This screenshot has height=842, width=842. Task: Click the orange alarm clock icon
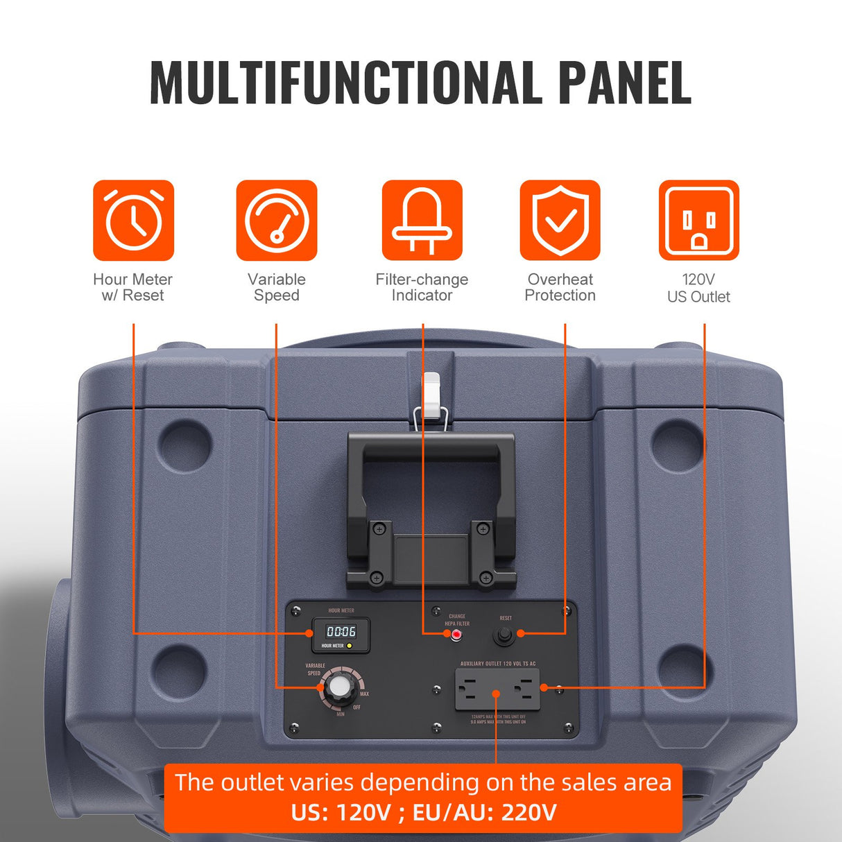pos(133,221)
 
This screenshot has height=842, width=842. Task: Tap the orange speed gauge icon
pos(277,221)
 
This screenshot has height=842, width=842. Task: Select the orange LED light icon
pos(422,221)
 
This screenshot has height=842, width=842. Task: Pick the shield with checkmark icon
pos(560,221)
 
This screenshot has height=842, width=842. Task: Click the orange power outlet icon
pos(698,221)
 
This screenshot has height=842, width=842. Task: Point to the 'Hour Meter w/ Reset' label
pos(132,287)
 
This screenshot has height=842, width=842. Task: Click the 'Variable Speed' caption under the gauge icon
pos(277,287)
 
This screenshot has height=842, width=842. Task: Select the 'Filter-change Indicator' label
pos(422,287)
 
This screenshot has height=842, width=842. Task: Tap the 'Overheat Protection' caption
pos(560,287)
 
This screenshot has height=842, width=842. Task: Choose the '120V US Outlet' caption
pos(698,288)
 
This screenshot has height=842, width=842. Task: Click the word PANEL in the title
pos(624,83)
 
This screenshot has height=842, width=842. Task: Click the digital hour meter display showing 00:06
pos(341,632)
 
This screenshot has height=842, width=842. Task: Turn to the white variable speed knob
pos(340,687)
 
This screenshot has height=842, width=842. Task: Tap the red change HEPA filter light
pos(456,635)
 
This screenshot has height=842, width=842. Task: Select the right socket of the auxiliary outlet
pos(524,689)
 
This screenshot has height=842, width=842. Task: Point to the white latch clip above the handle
pos(431,395)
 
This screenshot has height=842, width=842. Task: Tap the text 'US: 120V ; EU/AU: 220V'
pos(423,812)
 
